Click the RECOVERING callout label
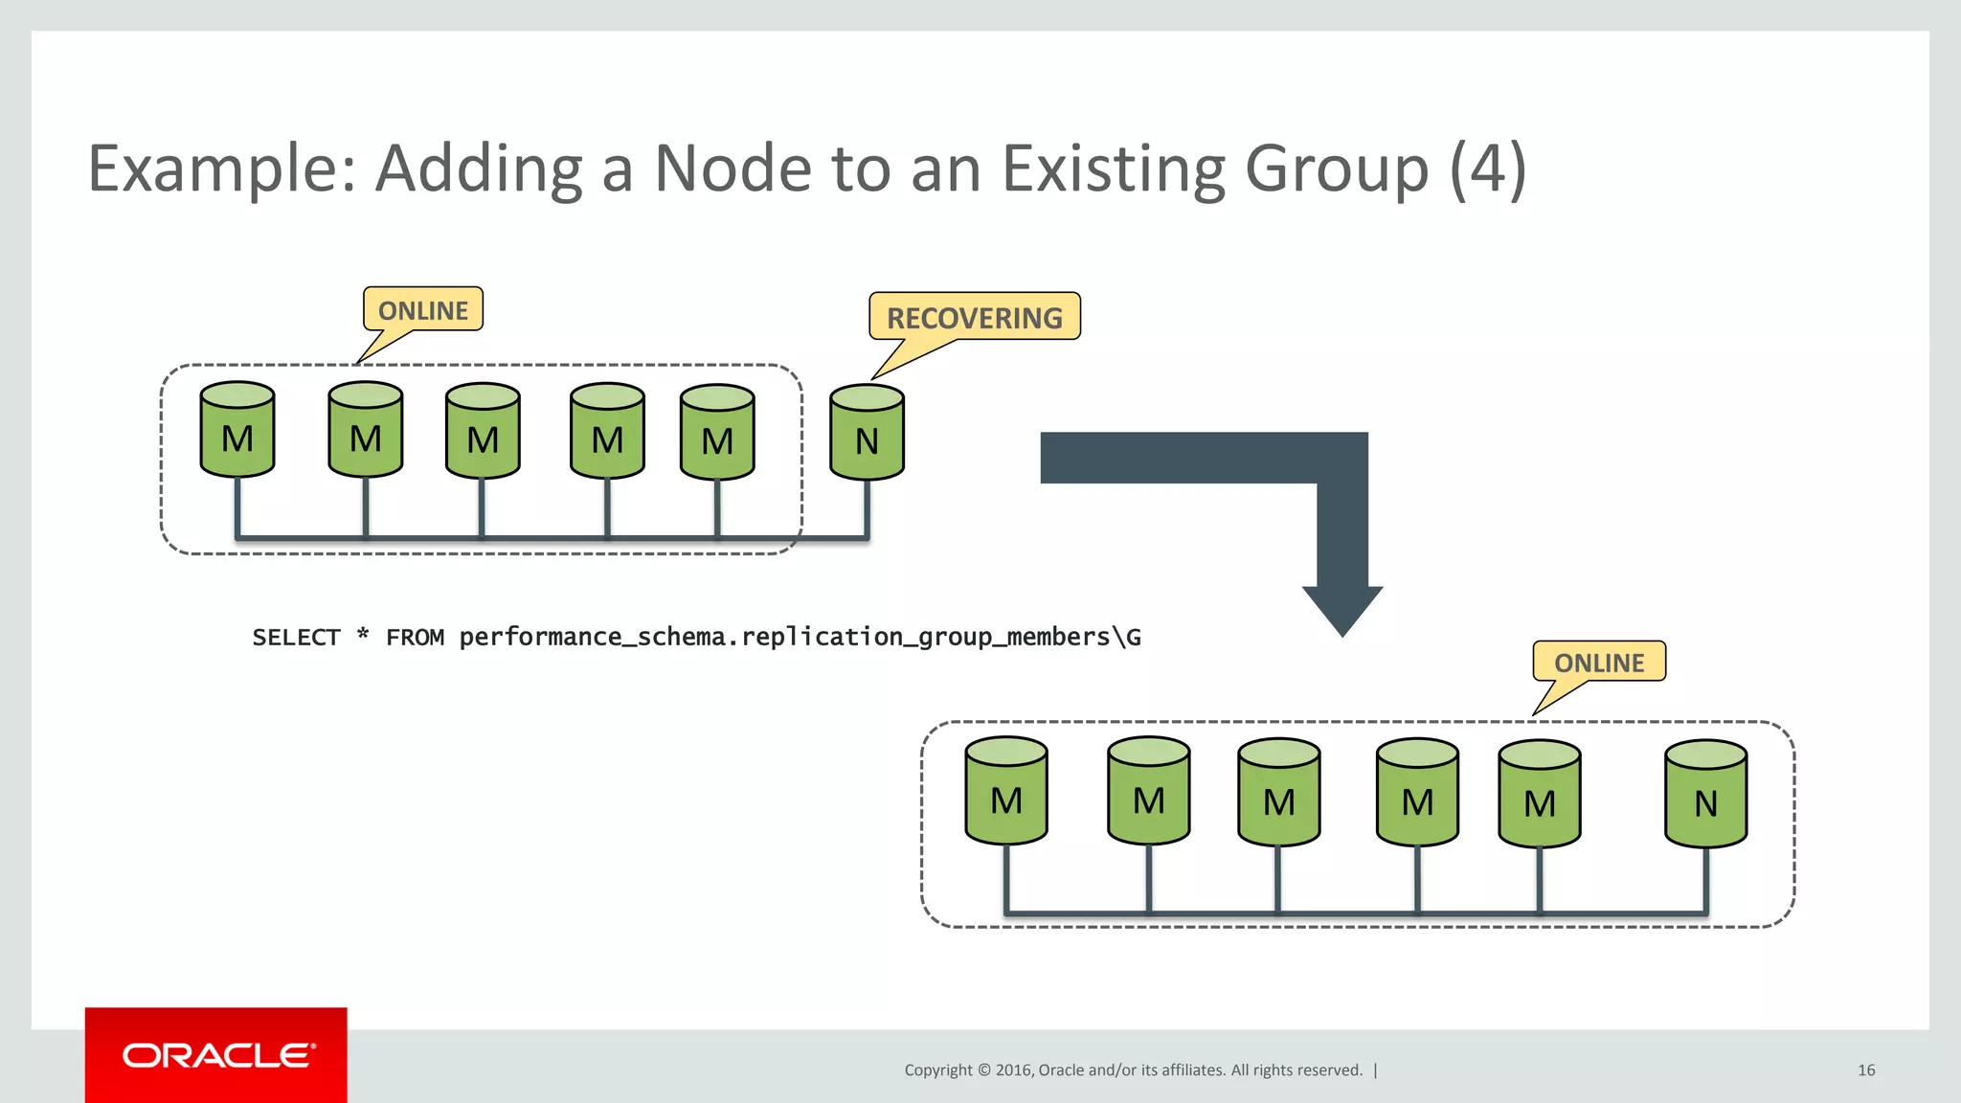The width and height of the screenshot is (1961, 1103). click(x=974, y=317)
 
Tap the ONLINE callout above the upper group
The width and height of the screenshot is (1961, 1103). click(x=422, y=310)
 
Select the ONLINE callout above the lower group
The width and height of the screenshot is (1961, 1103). click(x=1598, y=662)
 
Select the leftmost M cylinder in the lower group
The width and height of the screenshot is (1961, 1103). click(x=1006, y=792)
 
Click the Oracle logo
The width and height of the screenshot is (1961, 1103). click(x=216, y=1055)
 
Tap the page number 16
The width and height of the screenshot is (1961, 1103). click(x=1865, y=1070)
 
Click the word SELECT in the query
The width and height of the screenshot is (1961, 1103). click(x=296, y=638)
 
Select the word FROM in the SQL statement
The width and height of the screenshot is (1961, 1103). click(x=415, y=638)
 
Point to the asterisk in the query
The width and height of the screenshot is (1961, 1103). click(x=363, y=635)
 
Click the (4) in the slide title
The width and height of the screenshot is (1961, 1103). click(x=1487, y=169)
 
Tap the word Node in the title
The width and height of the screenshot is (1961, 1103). click(x=733, y=169)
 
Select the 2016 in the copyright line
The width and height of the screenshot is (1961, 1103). click(x=1013, y=1070)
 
